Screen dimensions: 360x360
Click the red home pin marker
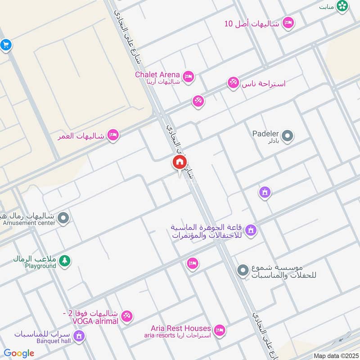point(180,162)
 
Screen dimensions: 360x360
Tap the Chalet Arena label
point(157,75)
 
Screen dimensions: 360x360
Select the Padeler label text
point(265,134)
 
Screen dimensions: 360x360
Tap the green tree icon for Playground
point(65,261)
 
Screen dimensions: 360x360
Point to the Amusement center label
point(29,223)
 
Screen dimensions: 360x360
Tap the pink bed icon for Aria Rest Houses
point(220,330)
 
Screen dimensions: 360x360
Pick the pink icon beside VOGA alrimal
point(127,317)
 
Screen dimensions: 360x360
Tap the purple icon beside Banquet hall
point(79,336)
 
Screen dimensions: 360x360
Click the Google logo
point(19,353)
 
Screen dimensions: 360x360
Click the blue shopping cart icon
point(5,45)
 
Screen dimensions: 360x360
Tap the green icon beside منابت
point(343,6)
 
